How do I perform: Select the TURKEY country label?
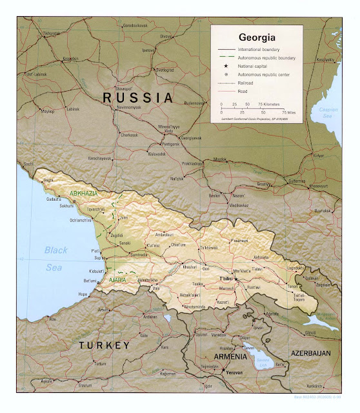104,346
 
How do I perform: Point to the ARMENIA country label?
226,356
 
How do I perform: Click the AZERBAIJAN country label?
310,354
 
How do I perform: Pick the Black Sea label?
55,257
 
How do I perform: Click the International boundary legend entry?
259,49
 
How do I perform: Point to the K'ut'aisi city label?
153,246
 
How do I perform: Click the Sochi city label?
28,164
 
